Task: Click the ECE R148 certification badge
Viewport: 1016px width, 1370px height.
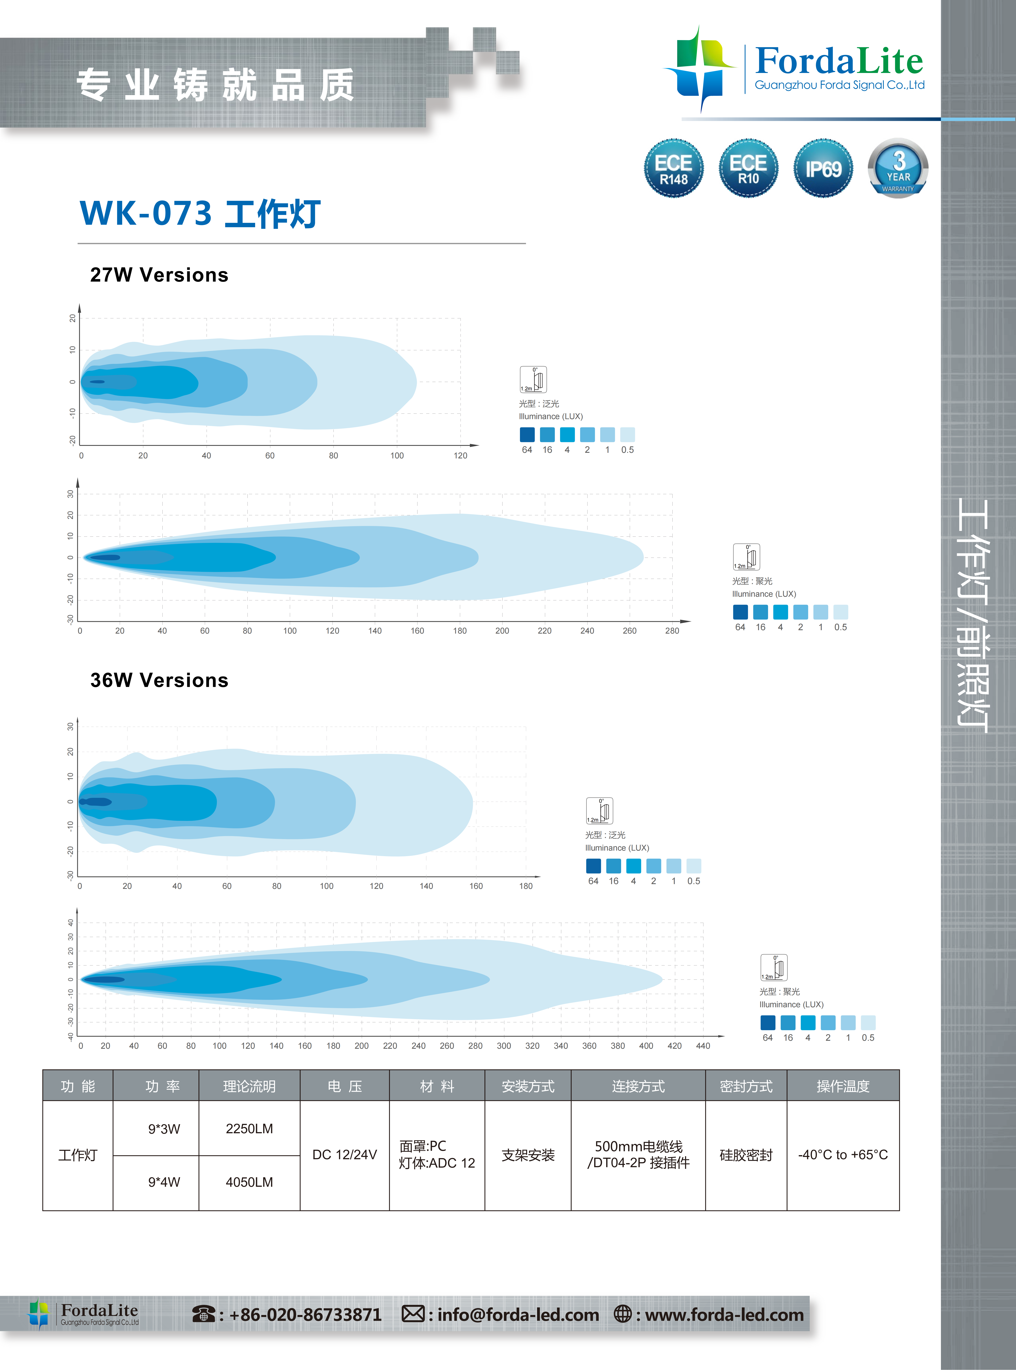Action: [x=673, y=168]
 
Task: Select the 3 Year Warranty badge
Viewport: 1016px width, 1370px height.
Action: [x=898, y=168]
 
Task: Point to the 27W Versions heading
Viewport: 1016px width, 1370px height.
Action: [x=159, y=274]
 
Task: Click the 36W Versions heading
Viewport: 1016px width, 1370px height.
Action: [x=159, y=680]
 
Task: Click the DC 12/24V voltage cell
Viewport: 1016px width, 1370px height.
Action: [x=344, y=1155]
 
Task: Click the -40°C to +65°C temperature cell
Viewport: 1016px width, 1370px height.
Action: [x=843, y=1155]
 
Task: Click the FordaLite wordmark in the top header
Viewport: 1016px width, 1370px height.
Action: [x=839, y=62]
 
